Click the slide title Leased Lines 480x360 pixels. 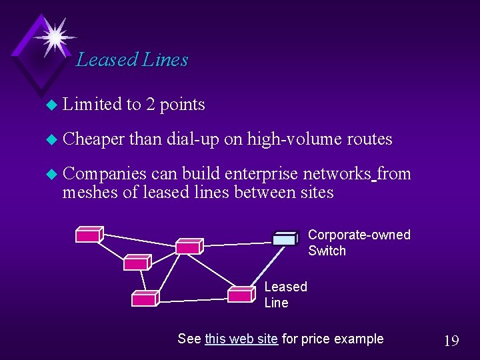point(132,60)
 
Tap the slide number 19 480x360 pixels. point(451,341)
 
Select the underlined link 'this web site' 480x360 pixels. point(241,339)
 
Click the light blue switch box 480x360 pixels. point(285,239)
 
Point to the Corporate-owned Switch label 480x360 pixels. point(359,243)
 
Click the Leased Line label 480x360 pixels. point(285,295)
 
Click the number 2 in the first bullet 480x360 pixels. point(151,104)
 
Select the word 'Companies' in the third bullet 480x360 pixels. point(104,174)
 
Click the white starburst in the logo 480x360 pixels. point(53,35)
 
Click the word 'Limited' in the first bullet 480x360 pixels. point(92,104)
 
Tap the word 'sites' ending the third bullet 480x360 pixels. point(317,193)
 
